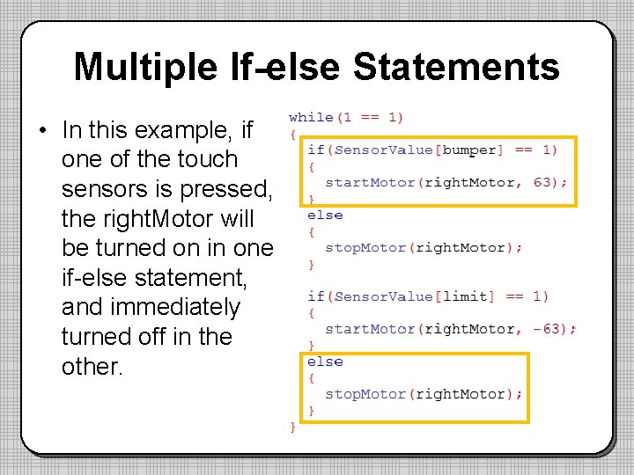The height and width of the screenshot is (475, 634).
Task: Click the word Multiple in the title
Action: coord(144,67)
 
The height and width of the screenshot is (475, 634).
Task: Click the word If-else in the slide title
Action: coord(284,67)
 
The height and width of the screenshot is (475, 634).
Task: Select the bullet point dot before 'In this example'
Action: coord(42,132)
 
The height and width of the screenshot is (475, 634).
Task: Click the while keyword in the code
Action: coord(311,117)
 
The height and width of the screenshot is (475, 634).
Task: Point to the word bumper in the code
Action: coord(469,150)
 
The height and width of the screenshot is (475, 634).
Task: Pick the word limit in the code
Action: coord(465,296)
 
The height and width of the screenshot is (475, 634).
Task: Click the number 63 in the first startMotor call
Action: coord(549,182)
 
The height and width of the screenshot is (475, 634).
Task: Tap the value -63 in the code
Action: coord(555,329)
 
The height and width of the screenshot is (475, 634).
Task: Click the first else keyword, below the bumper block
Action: coord(325,215)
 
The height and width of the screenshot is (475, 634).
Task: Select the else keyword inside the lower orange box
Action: coord(325,362)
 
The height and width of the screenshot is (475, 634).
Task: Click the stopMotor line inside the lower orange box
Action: coord(423,394)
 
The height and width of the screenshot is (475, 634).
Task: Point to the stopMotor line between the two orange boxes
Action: coord(423,247)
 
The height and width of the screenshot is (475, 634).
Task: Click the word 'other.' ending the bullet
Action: coord(92,366)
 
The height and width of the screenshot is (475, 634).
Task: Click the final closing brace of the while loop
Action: coord(293,427)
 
